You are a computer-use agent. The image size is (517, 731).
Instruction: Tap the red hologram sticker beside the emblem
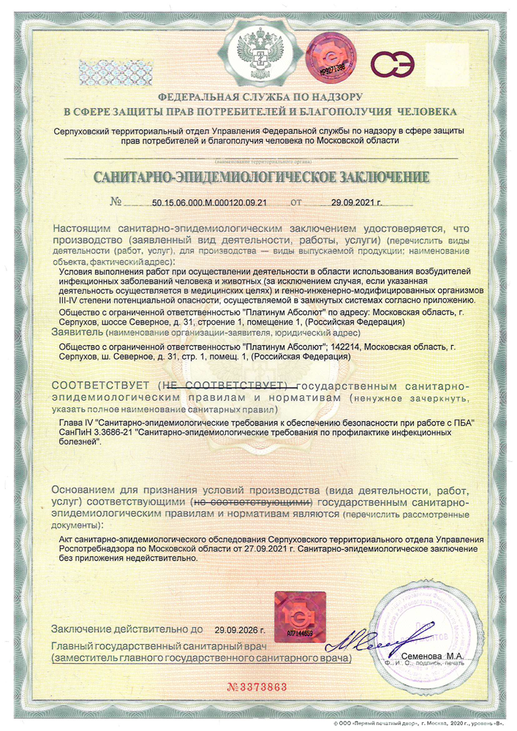click(x=325, y=57)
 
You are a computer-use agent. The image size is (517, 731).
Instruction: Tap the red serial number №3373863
click(x=257, y=687)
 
